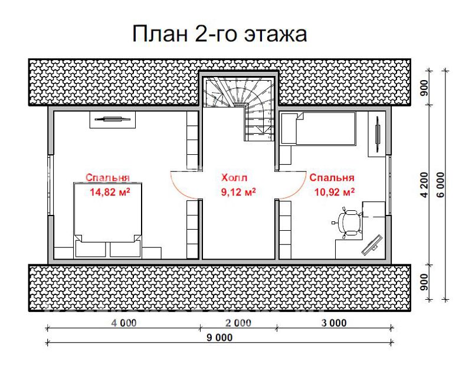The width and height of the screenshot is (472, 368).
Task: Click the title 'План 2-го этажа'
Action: click(x=219, y=34)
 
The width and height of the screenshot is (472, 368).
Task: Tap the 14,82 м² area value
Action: click(x=110, y=192)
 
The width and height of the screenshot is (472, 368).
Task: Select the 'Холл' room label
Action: click(x=234, y=178)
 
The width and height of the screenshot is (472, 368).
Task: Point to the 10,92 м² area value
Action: click(x=335, y=192)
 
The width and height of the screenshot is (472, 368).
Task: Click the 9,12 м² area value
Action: click(x=238, y=192)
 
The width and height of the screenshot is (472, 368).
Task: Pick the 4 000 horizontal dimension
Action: click(x=124, y=323)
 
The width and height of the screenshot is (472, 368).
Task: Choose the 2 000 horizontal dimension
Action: click(x=238, y=323)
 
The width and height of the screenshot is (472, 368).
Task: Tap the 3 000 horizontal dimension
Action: click(x=334, y=323)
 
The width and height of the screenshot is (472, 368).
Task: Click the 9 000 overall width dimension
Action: click(x=219, y=337)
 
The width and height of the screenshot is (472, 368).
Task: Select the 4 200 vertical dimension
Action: click(x=424, y=185)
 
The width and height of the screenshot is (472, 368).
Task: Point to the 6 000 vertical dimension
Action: click(x=440, y=185)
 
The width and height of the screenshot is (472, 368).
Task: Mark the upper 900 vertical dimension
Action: click(x=424, y=88)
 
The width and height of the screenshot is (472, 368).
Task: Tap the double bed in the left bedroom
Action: click(x=108, y=220)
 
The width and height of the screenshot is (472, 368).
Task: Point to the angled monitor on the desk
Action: click(x=372, y=245)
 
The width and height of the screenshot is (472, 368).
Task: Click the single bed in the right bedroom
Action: click(x=319, y=128)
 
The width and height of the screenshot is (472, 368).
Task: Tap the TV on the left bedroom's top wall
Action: click(x=113, y=120)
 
